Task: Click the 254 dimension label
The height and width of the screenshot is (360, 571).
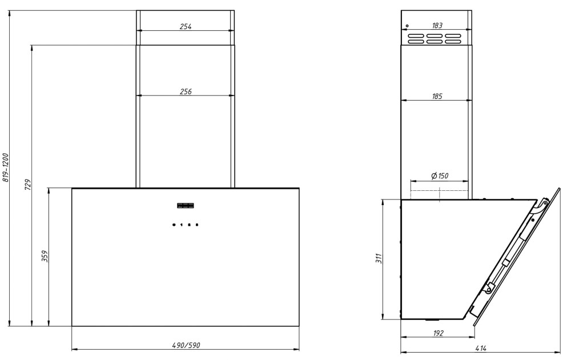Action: (186, 27)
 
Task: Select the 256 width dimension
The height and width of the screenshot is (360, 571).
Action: (186, 91)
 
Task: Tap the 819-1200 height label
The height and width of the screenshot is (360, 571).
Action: (5, 167)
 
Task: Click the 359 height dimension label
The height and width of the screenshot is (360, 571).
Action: (45, 256)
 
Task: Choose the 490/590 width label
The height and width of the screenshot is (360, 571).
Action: (186, 345)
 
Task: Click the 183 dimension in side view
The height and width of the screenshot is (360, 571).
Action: (437, 26)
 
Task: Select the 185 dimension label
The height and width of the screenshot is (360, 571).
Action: (437, 96)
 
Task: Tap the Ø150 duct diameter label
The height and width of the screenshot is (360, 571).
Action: (440, 176)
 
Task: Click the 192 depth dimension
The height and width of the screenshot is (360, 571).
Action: (439, 333)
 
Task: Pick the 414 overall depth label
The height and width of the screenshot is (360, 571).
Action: (481, 349)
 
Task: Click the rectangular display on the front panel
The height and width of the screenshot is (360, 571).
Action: (186, 206)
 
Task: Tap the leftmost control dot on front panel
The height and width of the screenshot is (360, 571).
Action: (174, 225)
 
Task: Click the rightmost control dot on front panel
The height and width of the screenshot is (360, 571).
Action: (196, 225)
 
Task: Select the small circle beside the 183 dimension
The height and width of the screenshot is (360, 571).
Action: (407, 26)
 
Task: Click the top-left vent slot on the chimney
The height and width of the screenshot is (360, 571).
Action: (416, 37)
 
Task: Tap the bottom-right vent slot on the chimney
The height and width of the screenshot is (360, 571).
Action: (453, 42)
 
